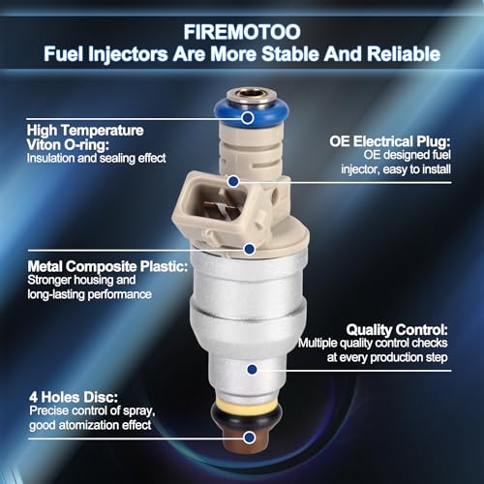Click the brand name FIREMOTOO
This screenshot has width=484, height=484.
(x=242, y=32)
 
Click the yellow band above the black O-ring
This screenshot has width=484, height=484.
(x=247, y=404)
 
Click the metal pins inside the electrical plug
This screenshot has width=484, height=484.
(x=221, y=207)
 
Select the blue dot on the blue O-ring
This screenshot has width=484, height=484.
(x=248, y=118)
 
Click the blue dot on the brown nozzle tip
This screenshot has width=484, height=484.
(x=249, y=438)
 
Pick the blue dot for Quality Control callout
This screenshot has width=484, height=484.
(x=253, y=369)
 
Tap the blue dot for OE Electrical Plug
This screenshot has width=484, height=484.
(x=233, y=181)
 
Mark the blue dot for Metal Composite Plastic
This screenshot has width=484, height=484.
(x=250, y=249)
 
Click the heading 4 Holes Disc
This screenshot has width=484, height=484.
(x=74, y=397)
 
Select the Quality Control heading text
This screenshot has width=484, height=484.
(x=397, y=329)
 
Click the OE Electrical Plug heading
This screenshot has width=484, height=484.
(x=390, y=141)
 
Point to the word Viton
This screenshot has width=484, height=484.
(x=44, y=145)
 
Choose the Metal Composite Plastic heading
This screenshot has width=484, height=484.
(x=107, y=266)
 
